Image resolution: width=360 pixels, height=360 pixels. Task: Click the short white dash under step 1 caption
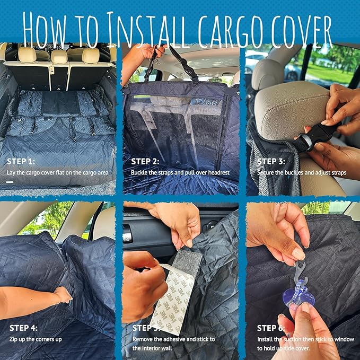(x=10, y=182)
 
